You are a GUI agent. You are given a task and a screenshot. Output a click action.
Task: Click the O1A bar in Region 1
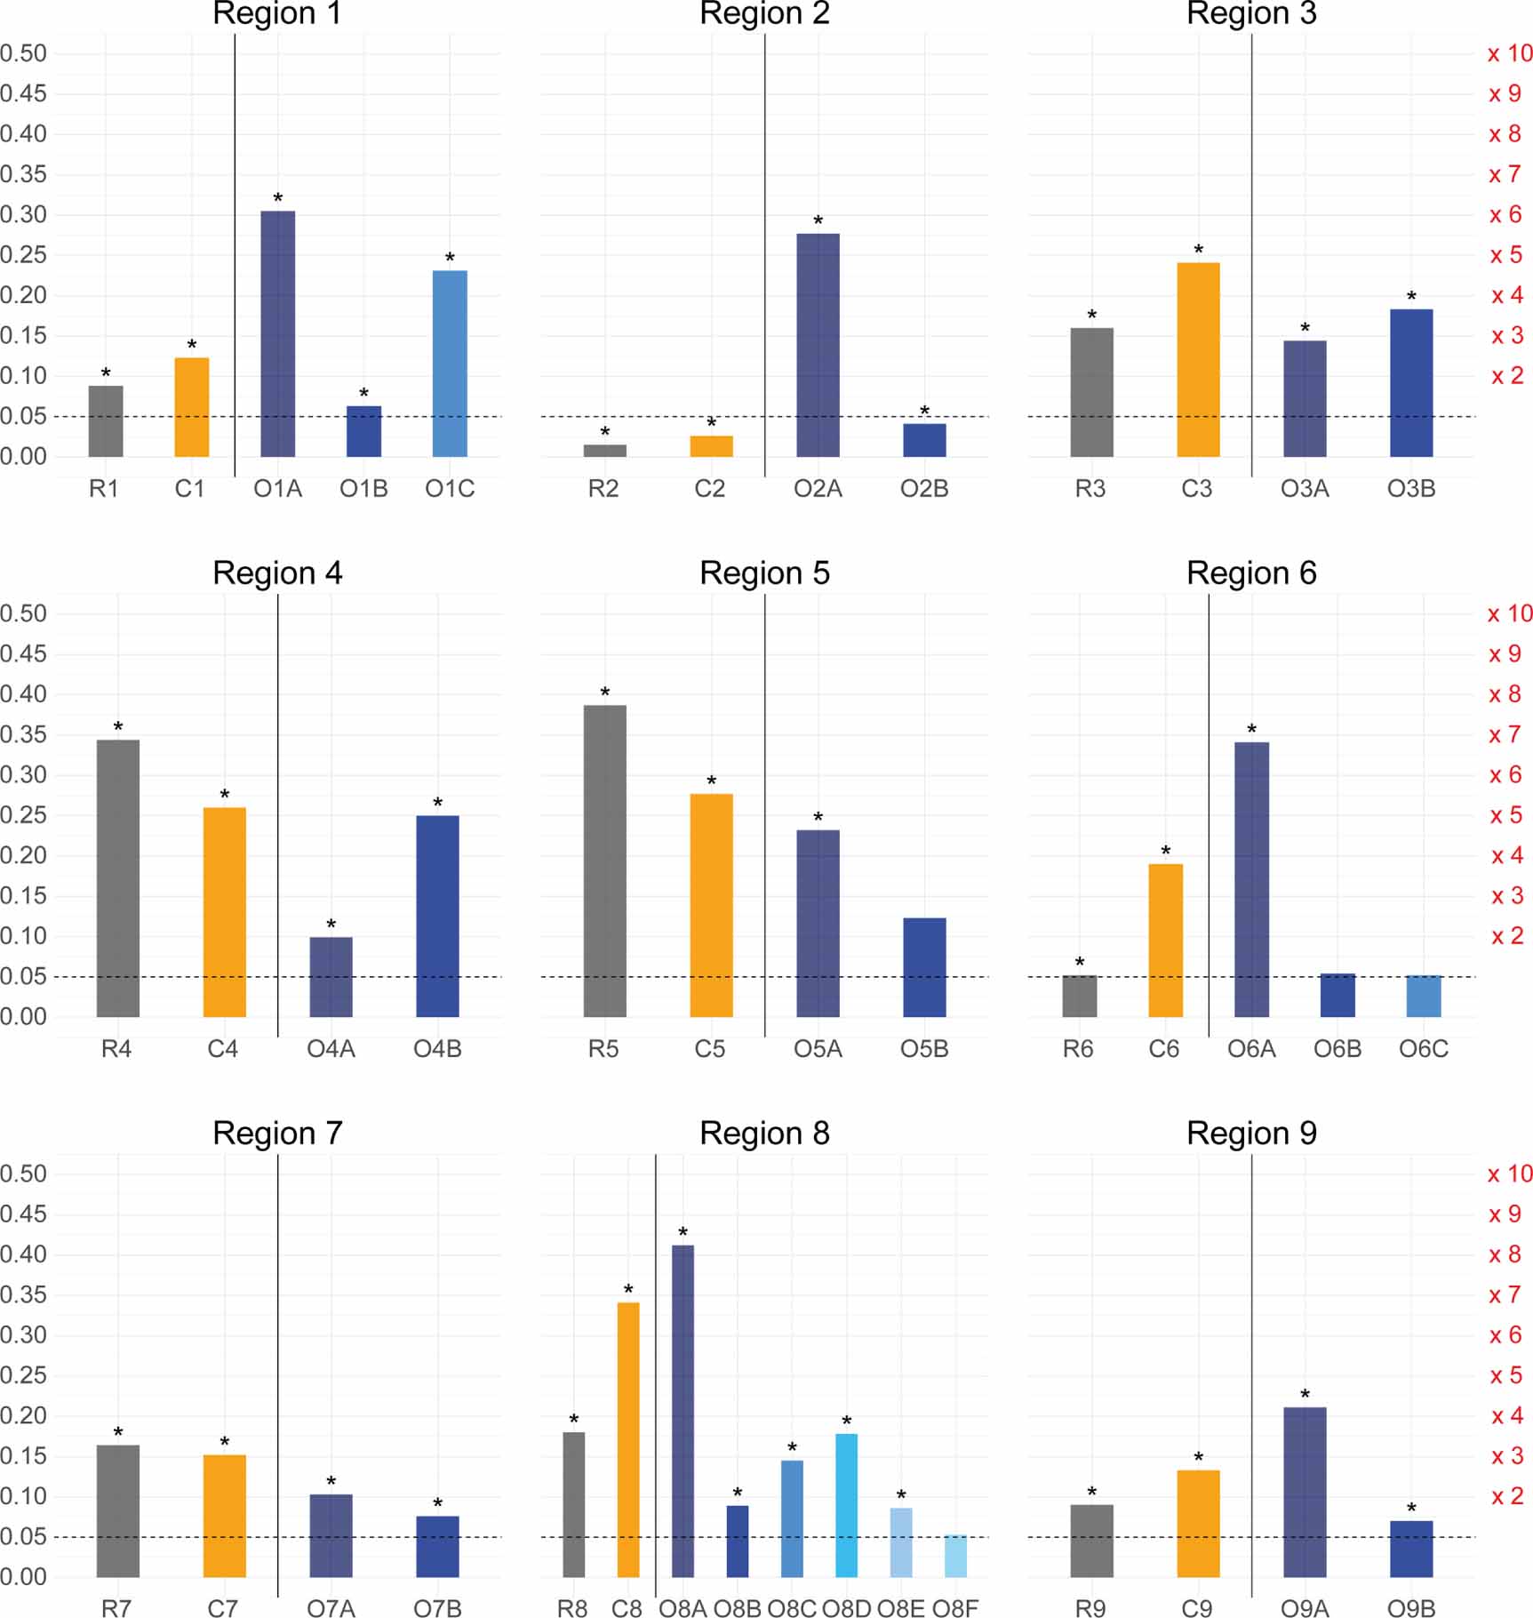tap(277, 333)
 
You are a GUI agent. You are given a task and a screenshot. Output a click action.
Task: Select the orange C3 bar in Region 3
tap(1198, 359)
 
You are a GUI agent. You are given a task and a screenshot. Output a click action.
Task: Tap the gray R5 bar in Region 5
tap(604, 861)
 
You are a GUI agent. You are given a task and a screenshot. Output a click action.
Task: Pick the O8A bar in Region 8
tap(683, 1411)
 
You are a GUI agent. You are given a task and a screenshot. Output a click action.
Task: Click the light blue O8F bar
tap(955, 1556)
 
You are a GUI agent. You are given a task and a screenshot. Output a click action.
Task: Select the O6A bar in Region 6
tap(1251, 879)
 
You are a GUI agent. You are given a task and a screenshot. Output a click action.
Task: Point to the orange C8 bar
tap(627, 1439)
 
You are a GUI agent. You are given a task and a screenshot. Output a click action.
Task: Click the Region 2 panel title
tap(764, 14)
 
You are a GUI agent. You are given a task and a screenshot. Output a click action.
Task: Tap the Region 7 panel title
tap(277, 1133)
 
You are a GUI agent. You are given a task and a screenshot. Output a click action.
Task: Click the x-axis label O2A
tap(818, 489)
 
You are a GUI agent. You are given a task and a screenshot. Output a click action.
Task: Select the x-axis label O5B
tap(924, 1049)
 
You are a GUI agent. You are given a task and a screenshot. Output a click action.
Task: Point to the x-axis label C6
tap(1164, 1049)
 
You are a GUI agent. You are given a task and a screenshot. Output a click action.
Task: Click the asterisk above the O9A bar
tap(1305, 1395)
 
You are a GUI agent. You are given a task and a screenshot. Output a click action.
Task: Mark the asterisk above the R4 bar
tap(118, 727)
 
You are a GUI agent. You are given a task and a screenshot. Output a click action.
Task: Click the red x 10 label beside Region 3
tap(1509, 53)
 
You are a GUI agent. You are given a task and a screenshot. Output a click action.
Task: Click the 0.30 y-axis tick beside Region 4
tap(24, 774)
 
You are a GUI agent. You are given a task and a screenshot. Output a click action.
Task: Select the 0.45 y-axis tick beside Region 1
tap(24, 93)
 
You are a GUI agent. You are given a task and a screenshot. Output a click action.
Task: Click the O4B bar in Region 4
tap(437, 916)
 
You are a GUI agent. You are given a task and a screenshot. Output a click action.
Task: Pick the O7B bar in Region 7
tap(437, 1546)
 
